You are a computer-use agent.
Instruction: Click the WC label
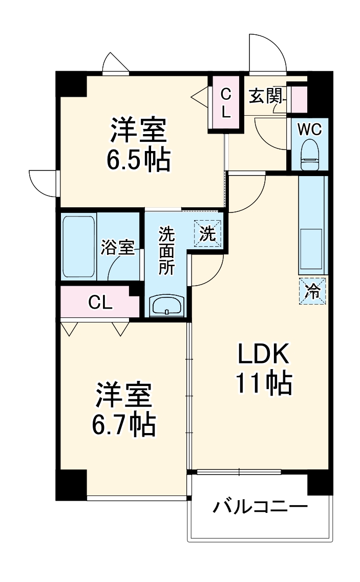tap(309, 130)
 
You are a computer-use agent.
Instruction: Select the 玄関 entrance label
tap(264, 96)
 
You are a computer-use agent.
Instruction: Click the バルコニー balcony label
tap(260, 508)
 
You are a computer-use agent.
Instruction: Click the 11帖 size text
tap(264, 382)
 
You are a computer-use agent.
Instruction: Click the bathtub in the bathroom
tap(78, 247)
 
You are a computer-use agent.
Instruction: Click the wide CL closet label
tap(100, 303)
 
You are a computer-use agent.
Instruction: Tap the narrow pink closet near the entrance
tap(226, 103)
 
